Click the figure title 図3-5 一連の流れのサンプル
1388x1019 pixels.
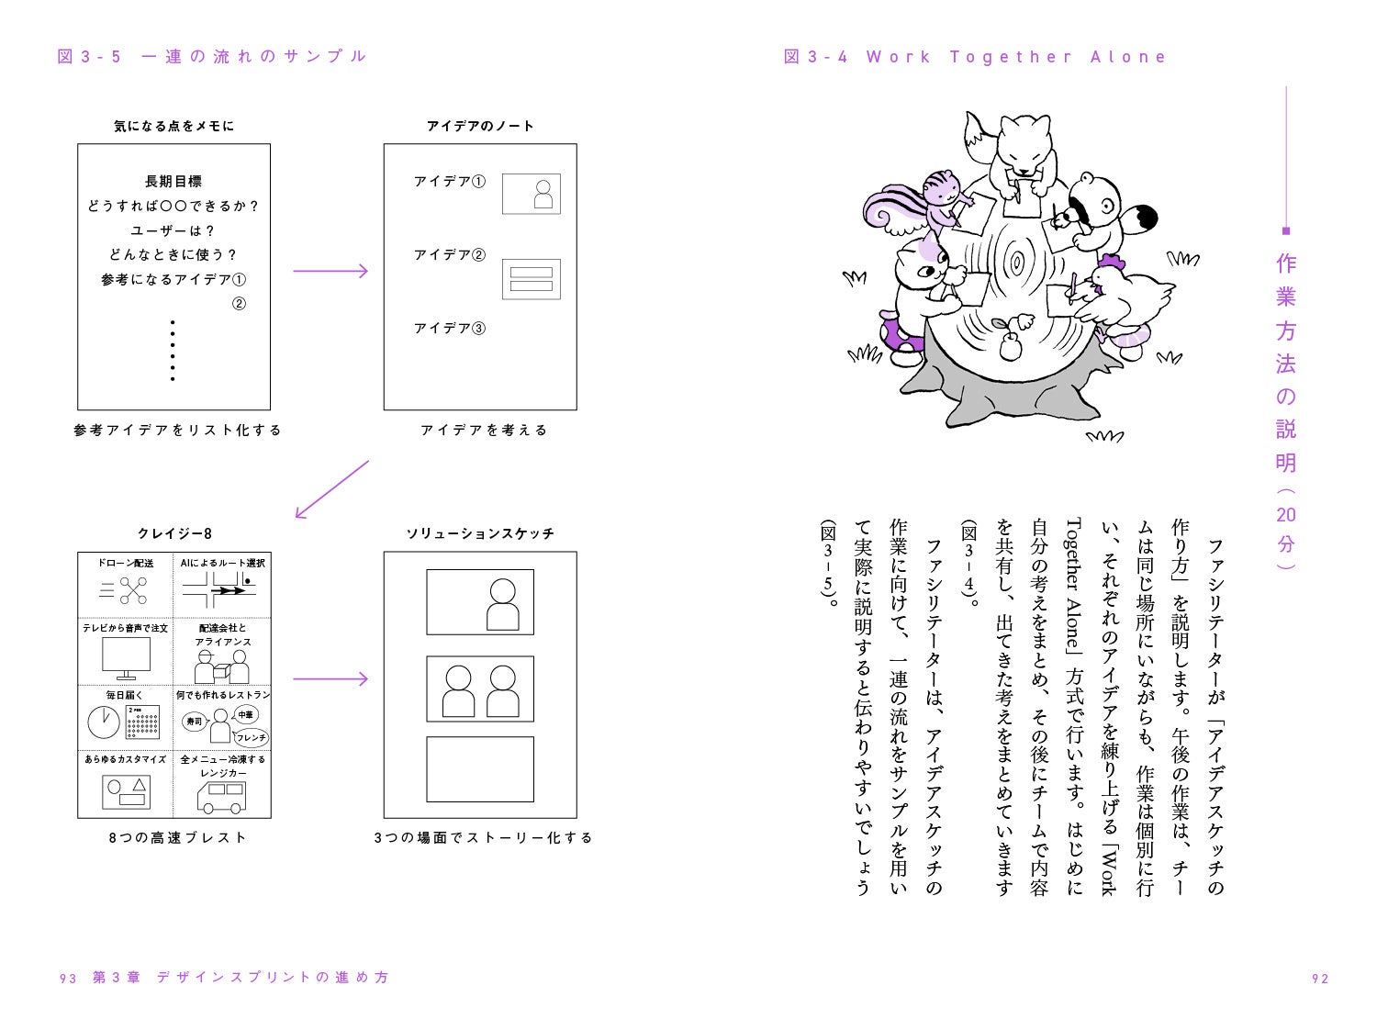(212, 57)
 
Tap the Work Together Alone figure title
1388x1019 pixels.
(975, 57)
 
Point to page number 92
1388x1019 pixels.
(1320, 979)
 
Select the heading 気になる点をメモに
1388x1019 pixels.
(173, 126)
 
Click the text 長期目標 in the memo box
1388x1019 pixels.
(173, 182)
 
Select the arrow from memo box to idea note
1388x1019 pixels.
(330, 271)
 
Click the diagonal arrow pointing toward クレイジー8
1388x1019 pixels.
(330, 489)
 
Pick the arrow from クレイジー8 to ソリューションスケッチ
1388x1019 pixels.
(330, 679)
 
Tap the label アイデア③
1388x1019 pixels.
(449, 328)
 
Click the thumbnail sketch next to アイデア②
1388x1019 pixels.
(531, 279)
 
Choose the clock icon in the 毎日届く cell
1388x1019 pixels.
(104, 722)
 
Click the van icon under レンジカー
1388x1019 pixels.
(221, 797)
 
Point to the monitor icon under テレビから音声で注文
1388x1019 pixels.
(126, 657)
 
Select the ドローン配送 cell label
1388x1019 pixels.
(126, 563)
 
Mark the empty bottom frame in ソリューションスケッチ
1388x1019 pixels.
(479, 768)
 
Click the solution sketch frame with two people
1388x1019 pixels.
(479, 689)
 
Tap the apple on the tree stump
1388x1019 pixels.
(1010, 345)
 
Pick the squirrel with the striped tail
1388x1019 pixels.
(927, 202)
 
